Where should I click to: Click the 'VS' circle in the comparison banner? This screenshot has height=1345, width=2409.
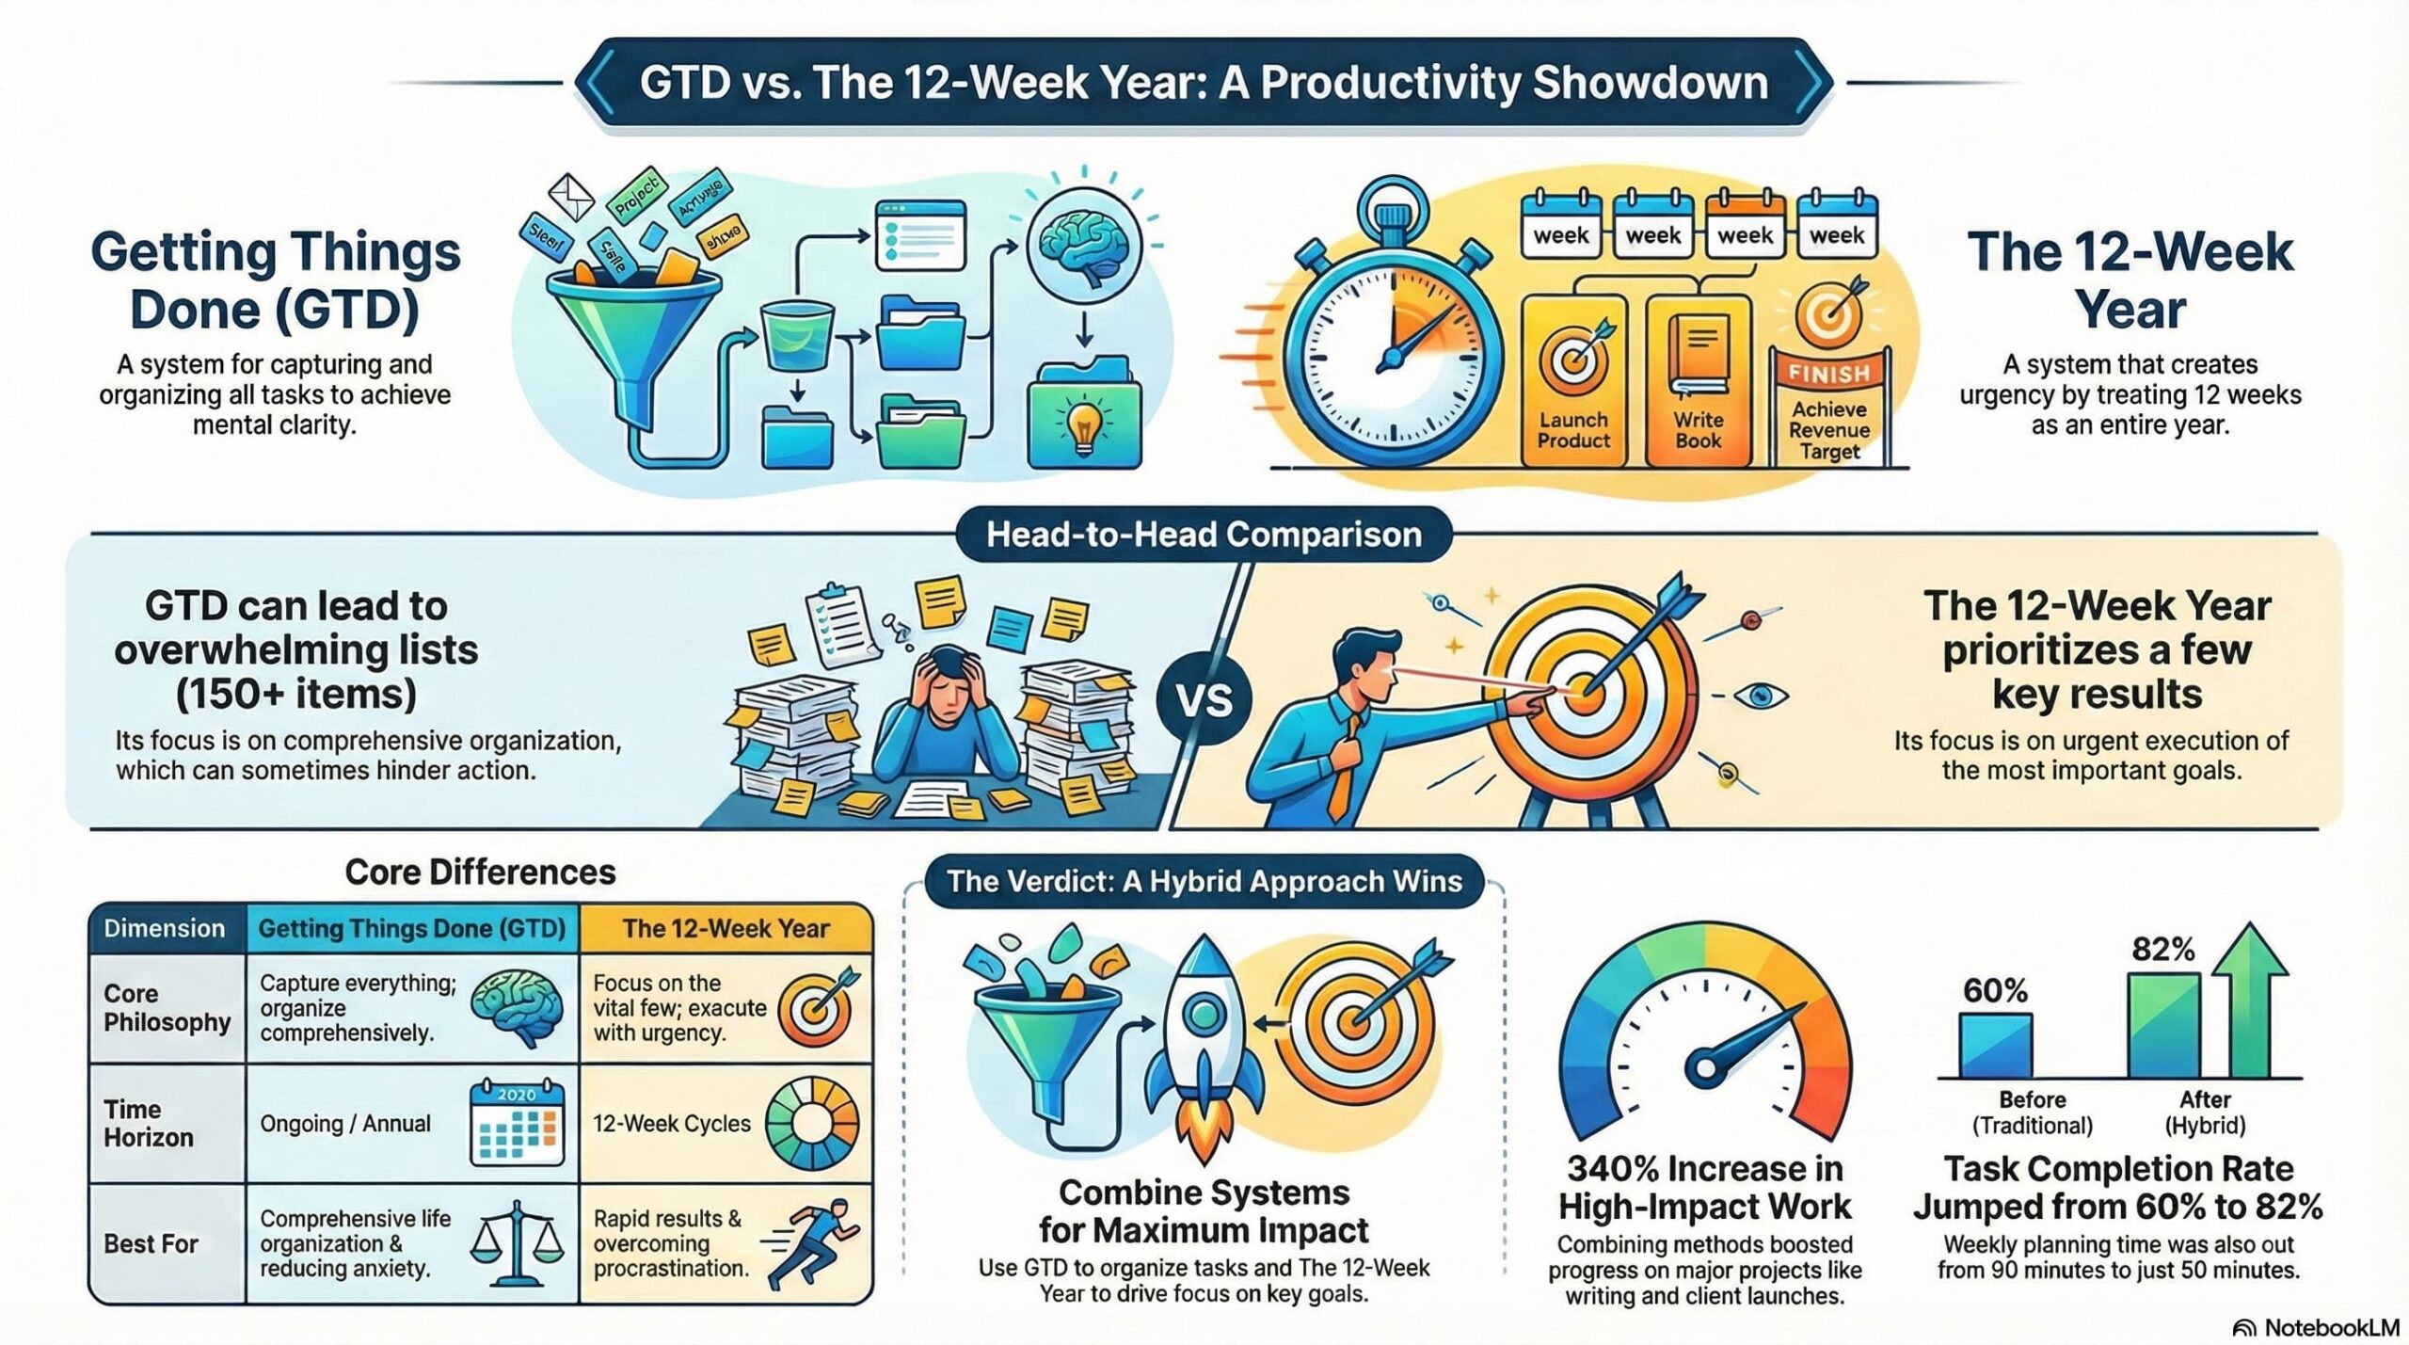coord(1204,699)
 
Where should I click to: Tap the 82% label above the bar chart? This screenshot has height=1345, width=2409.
coord(2162,949)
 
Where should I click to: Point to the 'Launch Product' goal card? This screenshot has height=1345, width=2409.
coord(1573,381)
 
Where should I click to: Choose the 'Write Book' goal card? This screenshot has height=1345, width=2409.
coord(1698,381)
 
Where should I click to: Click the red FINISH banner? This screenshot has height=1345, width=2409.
coord(1828,373)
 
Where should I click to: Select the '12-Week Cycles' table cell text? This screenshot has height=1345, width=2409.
coord(671,1123)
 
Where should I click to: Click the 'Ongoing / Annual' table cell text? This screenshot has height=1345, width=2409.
coord(344,1123)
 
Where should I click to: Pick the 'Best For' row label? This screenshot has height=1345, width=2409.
coord(151,1243)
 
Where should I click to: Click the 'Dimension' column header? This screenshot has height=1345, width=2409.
coord(165,928)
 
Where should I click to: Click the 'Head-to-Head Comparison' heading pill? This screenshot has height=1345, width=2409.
coord(1204,535)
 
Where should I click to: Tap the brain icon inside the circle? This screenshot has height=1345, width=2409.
coord(1082,247)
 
